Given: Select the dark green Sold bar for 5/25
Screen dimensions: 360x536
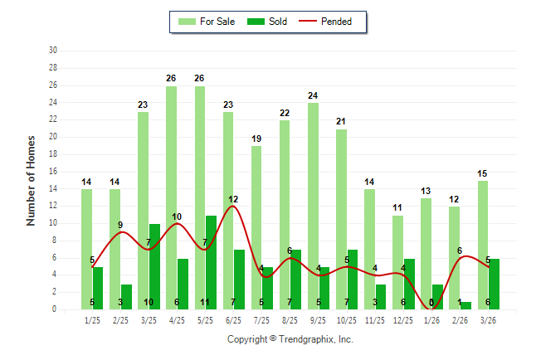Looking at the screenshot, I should point(211,262).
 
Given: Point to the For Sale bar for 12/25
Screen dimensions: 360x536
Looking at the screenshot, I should point(397,262).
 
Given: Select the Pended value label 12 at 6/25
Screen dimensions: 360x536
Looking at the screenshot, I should point(233,199).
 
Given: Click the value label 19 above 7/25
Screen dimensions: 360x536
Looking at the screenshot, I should point(256,139).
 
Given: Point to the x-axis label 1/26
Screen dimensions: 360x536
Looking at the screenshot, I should point(431,320).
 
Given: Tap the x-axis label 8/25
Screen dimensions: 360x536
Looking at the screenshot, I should point(290,320).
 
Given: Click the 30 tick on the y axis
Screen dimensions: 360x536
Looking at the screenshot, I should point(53,50).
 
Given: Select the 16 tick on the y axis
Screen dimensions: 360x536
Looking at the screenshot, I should point(53,171).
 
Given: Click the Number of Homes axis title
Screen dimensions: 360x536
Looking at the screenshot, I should point(31,180).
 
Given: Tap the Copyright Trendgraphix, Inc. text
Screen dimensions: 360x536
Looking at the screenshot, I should point(290,339).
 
